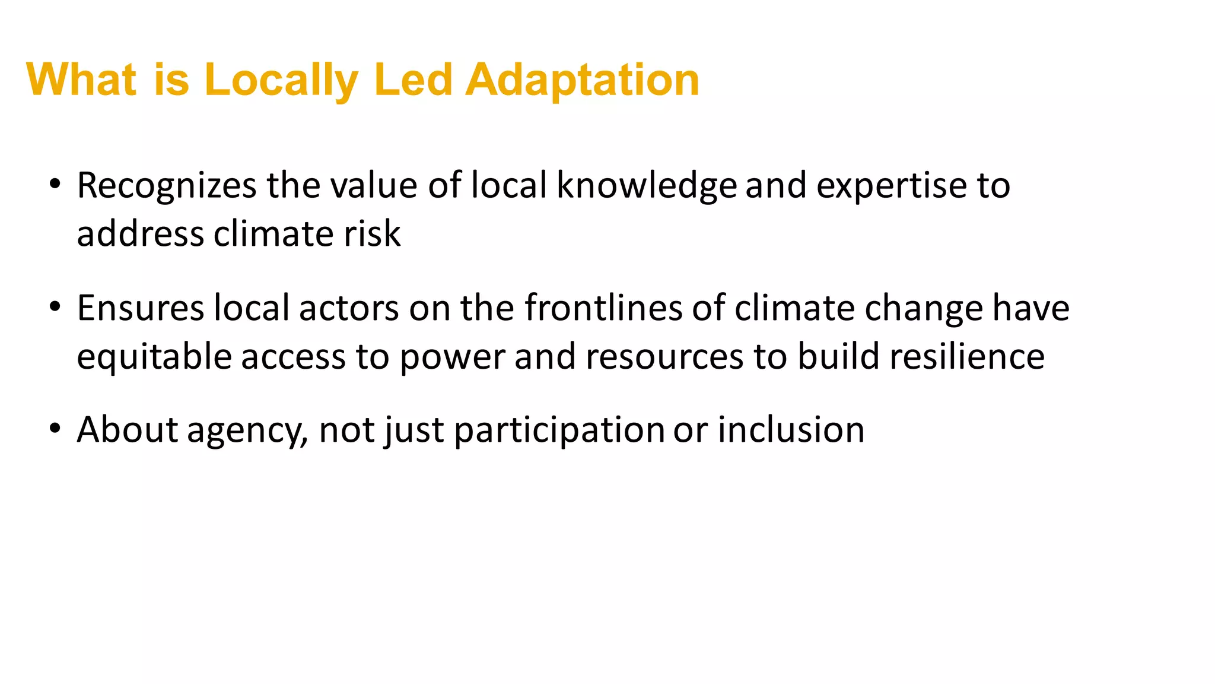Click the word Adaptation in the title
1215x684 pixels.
[x=582, y=80]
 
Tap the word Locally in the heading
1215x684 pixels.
[x=281, y=80]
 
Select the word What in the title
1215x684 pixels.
[x=82, y=80]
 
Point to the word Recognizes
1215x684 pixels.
[x=167, y=185]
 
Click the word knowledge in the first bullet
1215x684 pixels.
[x=646, y=185]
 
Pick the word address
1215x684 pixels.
[x=140, y=233]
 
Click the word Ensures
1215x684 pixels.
[x=140, y=308]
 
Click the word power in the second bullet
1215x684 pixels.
[x=451, y=356]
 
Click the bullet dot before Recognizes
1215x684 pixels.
[x=55, y=184]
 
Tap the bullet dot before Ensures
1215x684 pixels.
[x=55, y=307]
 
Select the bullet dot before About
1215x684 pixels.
[x=55, y=428]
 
